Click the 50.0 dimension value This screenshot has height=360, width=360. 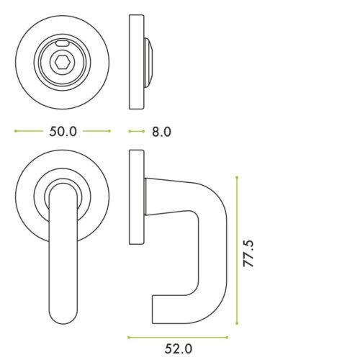(62, 132)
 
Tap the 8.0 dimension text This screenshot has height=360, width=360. (161, 132)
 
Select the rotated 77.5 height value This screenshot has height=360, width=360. (249, 254)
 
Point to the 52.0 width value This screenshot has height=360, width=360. (178, 349)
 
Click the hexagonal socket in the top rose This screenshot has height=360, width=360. (62, 62)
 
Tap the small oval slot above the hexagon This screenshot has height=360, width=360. (62, 45)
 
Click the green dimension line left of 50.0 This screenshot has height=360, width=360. (28, 132)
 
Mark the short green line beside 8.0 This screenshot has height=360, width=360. (135, 132)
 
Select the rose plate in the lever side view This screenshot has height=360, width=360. (135, 199)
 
